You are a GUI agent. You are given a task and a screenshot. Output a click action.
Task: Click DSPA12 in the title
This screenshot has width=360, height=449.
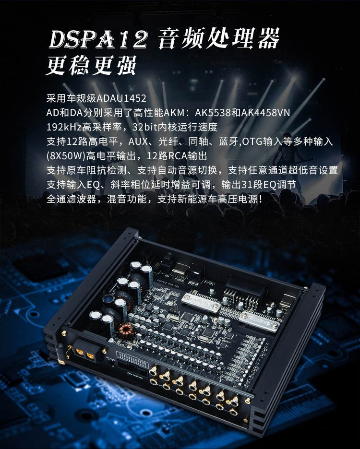(98, 39)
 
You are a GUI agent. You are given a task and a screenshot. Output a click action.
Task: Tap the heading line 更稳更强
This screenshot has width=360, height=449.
(91, 65)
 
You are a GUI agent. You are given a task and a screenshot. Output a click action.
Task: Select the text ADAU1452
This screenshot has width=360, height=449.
(121, 98)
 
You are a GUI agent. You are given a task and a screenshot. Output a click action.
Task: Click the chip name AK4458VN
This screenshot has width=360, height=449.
(265, 113)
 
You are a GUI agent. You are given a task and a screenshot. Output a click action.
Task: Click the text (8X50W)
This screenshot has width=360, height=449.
(66, 156)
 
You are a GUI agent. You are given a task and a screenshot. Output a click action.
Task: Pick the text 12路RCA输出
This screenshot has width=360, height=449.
(177, 156)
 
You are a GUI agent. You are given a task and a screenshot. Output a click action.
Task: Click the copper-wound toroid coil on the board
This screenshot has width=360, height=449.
(125, 331)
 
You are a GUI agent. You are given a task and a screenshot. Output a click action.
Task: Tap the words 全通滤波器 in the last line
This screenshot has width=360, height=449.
(71, 199)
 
